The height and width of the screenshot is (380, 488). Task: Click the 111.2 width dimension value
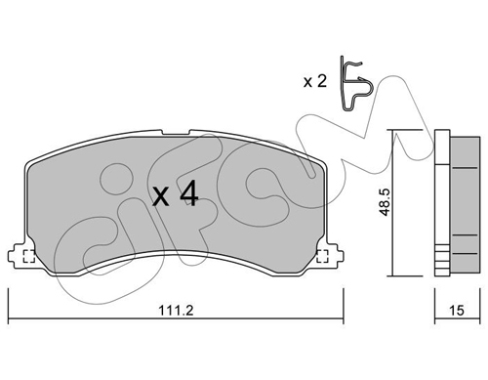point(176,310)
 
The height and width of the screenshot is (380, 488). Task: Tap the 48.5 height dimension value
point(386,202)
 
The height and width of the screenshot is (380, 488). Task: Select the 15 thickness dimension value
point(457,311)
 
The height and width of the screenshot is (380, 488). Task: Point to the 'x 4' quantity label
point(175,193)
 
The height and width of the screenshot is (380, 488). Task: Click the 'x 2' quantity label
point(314,81)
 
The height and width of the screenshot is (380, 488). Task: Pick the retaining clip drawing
point(356,83)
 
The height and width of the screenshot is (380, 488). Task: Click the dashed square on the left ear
point(29,256)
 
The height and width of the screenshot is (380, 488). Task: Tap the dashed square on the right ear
point(322,256)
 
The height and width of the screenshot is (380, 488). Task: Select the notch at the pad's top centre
point(176,133)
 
